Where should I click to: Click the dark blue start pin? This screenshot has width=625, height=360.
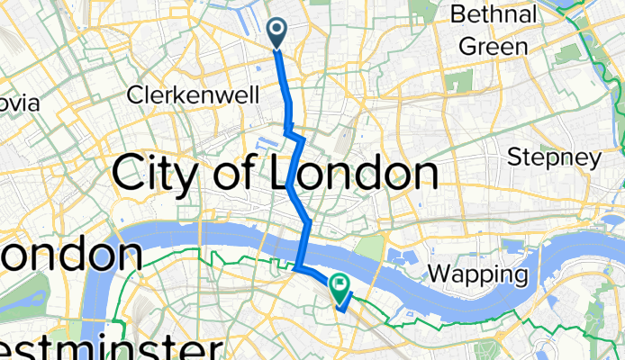coord(276,33)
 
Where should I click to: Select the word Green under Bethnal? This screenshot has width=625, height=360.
coord(493,46)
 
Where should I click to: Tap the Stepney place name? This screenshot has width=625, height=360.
coord(554,158)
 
